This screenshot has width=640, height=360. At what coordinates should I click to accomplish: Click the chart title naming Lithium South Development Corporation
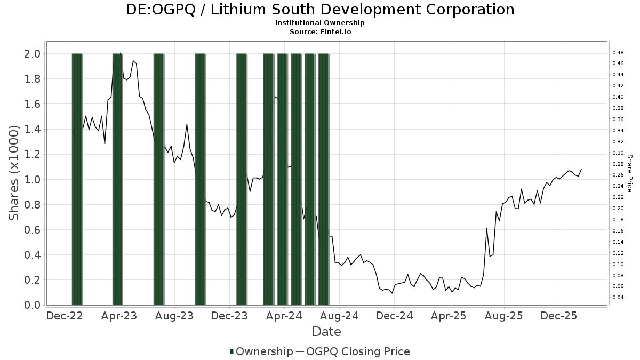coord(320,10)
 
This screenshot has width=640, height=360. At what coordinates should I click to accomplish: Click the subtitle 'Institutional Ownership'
coord(320,23)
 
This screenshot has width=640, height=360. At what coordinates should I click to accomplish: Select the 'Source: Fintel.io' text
coord(320,32)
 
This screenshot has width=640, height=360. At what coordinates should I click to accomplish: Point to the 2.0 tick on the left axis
coord(31,53)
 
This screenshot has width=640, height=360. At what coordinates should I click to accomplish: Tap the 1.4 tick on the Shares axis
coord(31,129)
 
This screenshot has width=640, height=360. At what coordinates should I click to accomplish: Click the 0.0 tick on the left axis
coord(31,305)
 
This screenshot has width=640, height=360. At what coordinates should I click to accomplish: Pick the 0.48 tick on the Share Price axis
coord(618,53)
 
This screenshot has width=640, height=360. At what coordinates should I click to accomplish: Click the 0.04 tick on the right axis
coord(618,298)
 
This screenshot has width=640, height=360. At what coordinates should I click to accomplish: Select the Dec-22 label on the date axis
coord(65,316)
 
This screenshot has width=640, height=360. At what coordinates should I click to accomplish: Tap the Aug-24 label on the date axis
coord(341,316)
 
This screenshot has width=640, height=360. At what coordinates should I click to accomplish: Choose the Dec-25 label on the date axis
coord(558,316)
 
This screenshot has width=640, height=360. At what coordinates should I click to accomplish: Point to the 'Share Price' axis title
coord(629,173)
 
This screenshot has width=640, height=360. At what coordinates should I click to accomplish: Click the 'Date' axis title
coord(326,332)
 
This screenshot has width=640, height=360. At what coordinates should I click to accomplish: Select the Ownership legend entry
coord(261,351)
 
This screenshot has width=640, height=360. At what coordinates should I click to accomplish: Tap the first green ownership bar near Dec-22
coord(77,179)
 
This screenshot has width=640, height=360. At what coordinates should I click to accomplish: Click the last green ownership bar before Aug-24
coord(323,179)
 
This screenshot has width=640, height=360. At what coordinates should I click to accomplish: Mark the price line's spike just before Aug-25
coord(486,229)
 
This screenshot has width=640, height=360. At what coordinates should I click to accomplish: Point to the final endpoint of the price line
coord(581,169)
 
